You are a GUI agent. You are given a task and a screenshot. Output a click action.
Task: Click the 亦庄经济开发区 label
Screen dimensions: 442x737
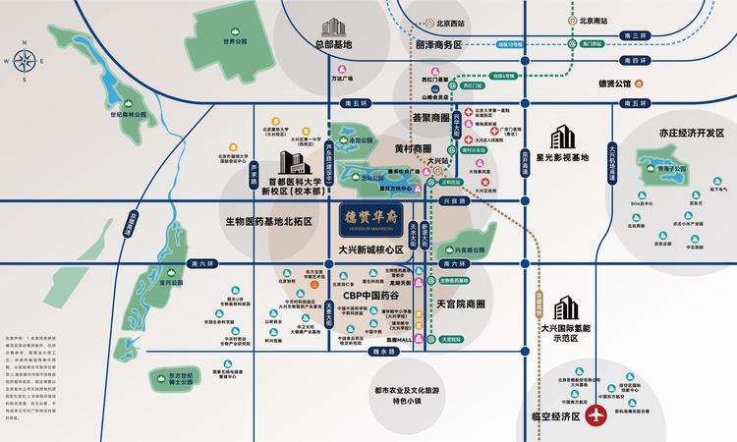(x=673, y=136)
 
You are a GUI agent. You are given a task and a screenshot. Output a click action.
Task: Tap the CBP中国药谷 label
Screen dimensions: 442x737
(x=373, y=295)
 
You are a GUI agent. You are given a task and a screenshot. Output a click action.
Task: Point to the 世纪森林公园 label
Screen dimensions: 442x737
(x=128, y=115)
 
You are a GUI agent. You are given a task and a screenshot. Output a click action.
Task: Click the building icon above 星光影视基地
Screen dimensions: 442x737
(x=563, y=136)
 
